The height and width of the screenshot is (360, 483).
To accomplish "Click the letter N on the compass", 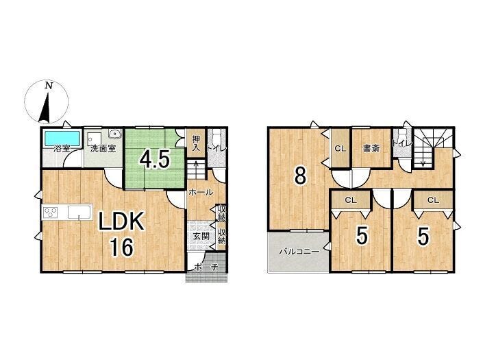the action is (x=49, y=85).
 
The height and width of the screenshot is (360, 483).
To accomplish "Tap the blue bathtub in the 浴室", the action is (x=62, y=138).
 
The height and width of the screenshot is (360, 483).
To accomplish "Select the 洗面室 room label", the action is (x=103, y=149).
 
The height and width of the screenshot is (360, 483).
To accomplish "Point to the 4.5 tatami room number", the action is (x=155, y=160).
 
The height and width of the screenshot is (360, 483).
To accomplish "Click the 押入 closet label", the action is (x=196, y=143).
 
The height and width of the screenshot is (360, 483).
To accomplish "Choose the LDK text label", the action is (x=121, y=221).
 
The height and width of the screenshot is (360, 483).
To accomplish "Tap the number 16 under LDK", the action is (x=121, y=247).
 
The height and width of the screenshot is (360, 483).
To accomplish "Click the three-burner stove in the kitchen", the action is (x=51, y=213).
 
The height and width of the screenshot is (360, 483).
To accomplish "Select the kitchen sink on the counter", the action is (x=79, y=212).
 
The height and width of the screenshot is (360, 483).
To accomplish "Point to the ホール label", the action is (x=201, y=193).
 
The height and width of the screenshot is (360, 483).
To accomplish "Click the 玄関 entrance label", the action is (x=201, y=237).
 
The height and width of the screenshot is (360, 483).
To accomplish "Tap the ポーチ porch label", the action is (x=206, y=267).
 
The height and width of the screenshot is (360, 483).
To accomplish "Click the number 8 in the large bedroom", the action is (x=300, y=176).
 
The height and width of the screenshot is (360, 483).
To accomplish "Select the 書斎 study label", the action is (x=371, y=149).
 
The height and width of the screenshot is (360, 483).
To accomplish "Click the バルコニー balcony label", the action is (x=299, y=252).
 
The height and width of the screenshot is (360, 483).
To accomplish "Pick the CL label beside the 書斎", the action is (x=340, y=149).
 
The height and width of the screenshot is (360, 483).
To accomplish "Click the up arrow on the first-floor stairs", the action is (x=195, y=169).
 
